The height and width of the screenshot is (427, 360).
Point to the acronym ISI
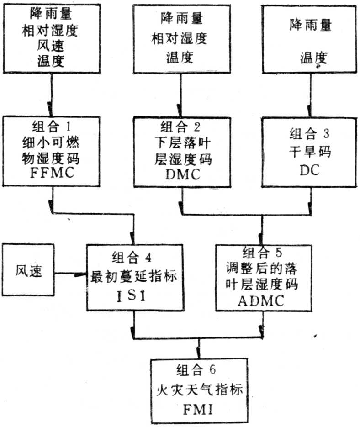pyautogui.click(x=134, y=298)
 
